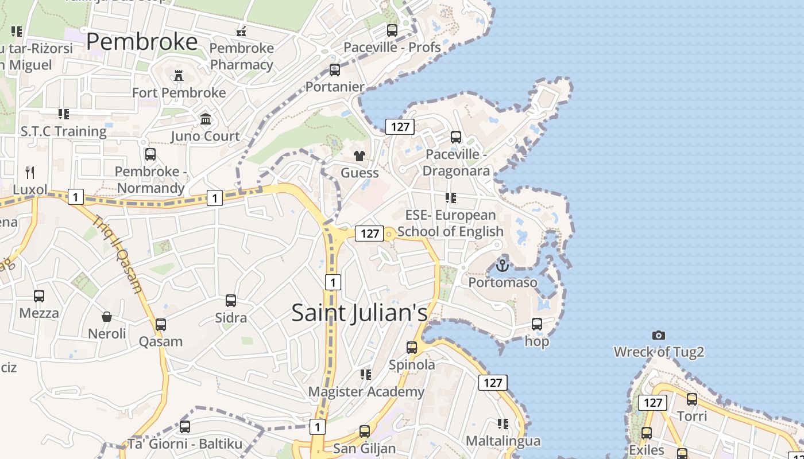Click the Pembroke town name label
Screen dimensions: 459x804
142,42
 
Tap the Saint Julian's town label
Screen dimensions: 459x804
360,313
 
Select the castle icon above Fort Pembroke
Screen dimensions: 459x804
179,75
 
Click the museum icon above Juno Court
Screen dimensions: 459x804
206,119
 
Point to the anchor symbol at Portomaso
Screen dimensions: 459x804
502,266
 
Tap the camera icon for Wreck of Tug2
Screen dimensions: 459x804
659,335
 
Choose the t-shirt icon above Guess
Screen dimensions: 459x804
360,156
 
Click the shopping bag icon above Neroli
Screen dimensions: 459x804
107,317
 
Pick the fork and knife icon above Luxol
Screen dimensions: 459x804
30,172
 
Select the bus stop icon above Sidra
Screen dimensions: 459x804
231,301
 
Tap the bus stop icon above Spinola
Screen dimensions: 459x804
412,348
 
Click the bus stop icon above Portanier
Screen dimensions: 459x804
335,70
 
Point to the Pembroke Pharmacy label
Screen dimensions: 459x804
241,56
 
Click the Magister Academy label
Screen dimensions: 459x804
366,392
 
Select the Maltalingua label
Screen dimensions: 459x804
503,441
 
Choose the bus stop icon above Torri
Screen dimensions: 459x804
692,399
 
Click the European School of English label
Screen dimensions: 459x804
450,223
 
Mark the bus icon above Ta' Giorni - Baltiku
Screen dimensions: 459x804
185,427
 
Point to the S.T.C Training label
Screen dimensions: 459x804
64,131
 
